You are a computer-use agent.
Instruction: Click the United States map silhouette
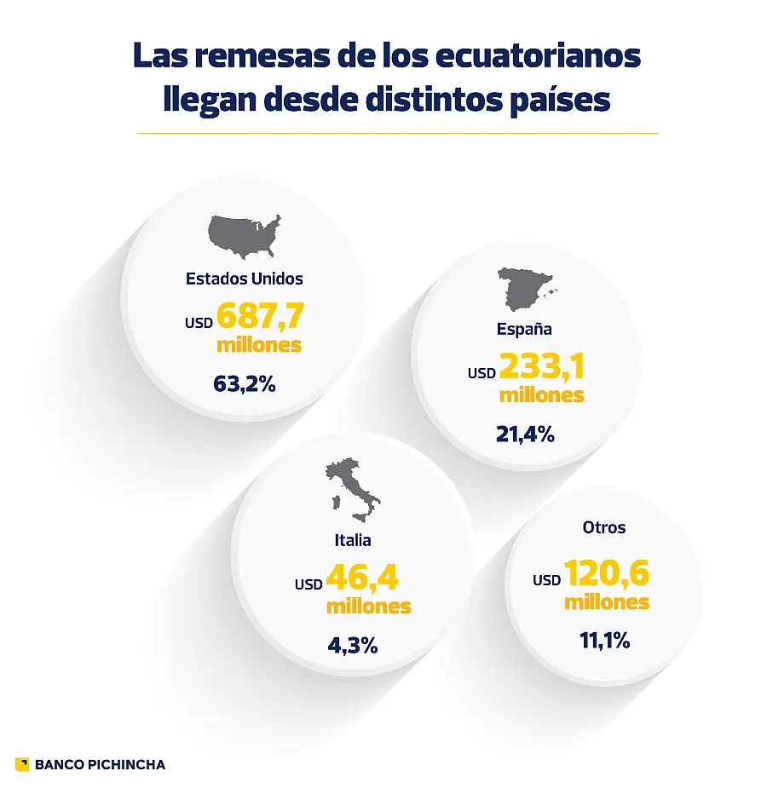[x=245, y=236]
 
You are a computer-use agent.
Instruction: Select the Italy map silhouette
[x=352, y=492]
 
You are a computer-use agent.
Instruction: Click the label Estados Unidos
[x=245, y=279]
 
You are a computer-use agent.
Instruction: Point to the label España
[x=524, y=329]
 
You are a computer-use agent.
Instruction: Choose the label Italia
[x=353, y=540]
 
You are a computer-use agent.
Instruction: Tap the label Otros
[x=604, y=527]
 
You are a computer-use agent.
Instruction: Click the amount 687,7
[x=260, y=316]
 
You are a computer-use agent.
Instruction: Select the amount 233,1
[x=541, y=366]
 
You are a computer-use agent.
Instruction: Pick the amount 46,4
[x=361, y=578]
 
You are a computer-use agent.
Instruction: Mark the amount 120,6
[x=606, y=573]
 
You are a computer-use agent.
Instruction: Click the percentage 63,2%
[x=245, y=384]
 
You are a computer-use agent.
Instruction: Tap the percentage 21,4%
[x=525, y=434]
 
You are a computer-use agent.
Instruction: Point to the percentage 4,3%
[x=353, y=646]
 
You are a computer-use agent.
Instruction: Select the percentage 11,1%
[x=604, y=641]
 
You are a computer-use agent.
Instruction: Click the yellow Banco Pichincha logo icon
[x=22, y=764]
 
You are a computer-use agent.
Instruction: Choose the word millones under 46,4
[x=368, y=607]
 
